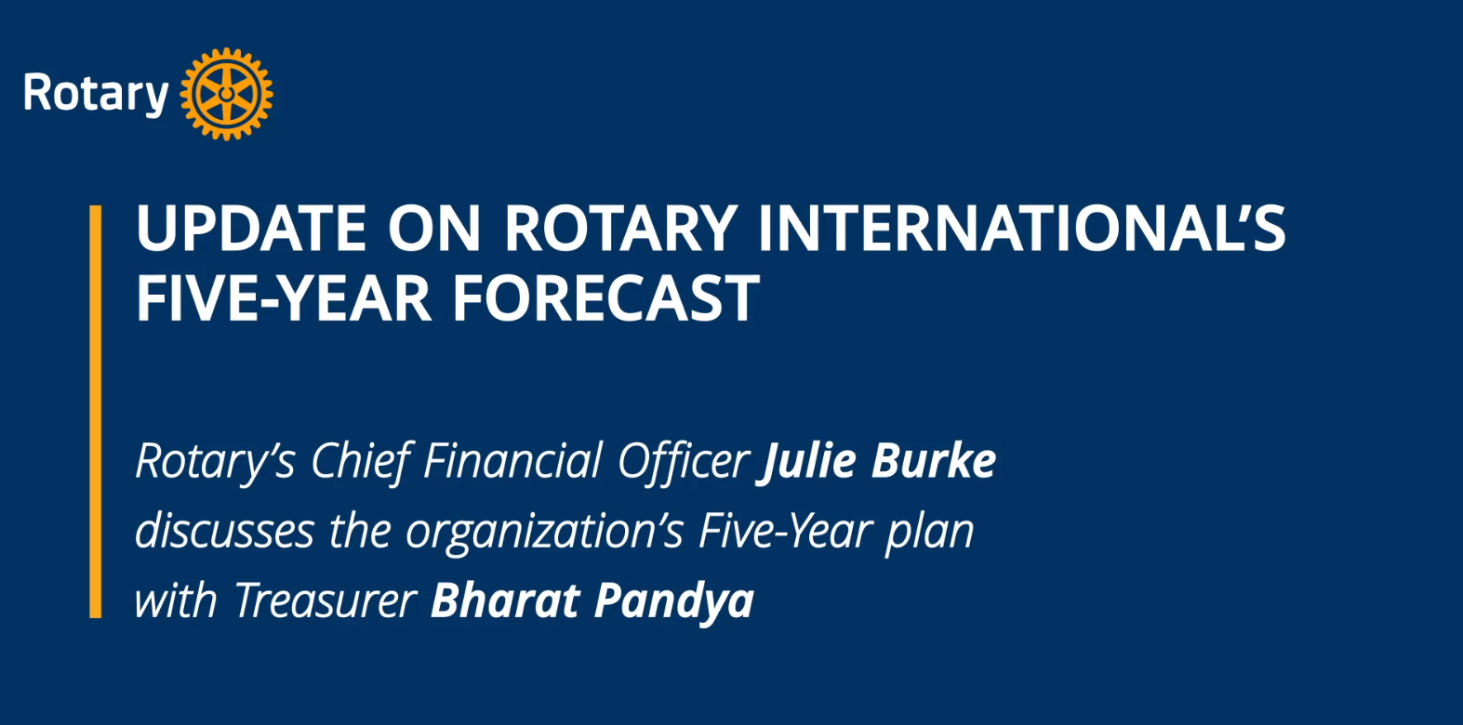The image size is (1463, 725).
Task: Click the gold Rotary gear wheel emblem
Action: (226, 94)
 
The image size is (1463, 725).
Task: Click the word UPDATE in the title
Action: (251, 228)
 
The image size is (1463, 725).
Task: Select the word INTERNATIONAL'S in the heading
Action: (1021, 228)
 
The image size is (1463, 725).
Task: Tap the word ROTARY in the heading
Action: (620, 228)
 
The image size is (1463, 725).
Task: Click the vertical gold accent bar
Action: (96, 411)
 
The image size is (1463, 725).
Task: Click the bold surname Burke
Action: (933, 461)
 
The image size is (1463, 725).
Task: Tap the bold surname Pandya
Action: (674, 601)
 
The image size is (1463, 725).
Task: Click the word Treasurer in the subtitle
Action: (326, 600)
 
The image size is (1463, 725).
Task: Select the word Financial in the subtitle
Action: (512, 461)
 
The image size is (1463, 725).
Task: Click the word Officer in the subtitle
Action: (683, 461)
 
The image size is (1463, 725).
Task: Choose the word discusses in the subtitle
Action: (225, 530)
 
